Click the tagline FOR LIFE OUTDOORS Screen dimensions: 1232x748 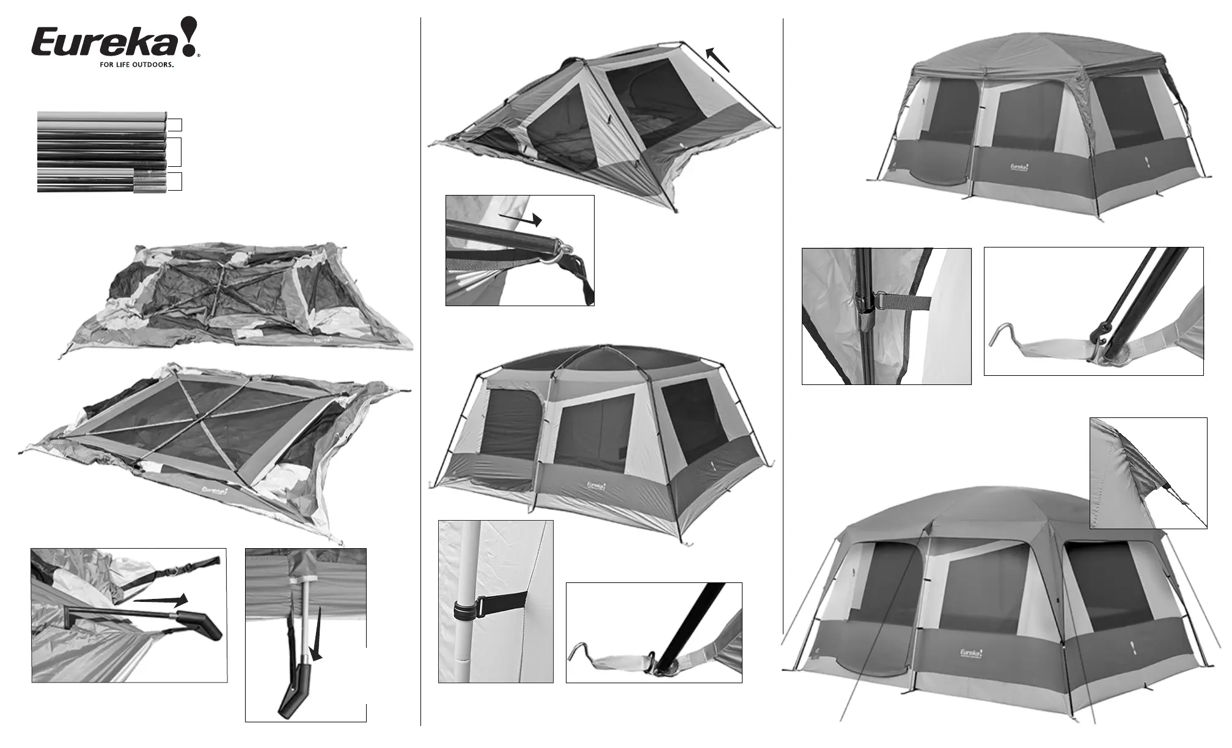[137, 64]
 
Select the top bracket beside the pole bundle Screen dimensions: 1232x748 [175, 125]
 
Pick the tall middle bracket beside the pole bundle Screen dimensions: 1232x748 [175, 152]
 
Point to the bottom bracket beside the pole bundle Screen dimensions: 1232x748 [175, 182]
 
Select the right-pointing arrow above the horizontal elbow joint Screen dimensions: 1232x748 [161, 601]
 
